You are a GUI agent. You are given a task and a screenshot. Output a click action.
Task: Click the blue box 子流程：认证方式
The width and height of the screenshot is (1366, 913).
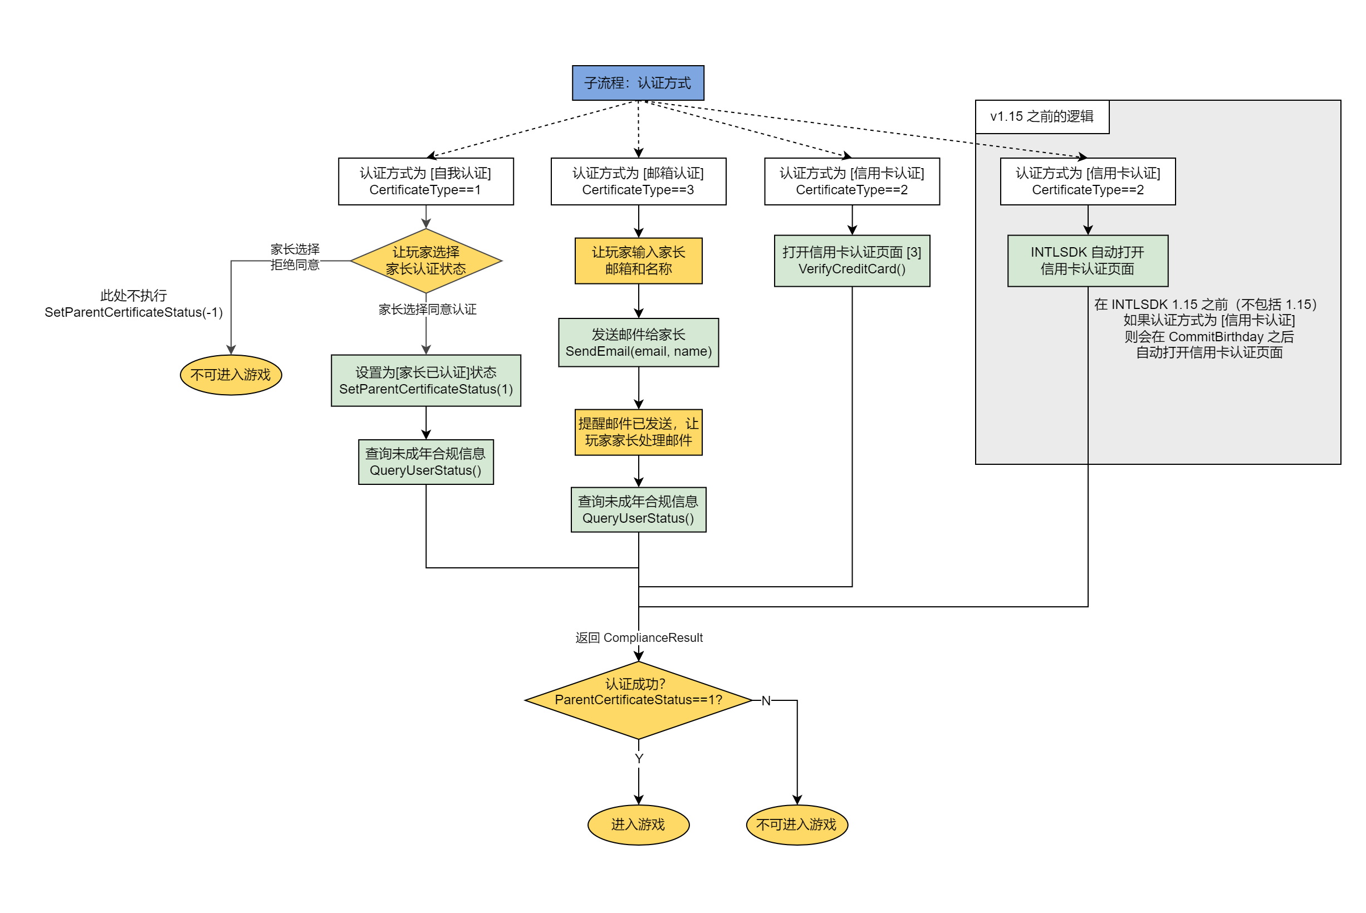(x=638, y=83)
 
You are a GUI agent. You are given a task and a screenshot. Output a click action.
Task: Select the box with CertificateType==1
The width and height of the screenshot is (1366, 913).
(x=425, y=181)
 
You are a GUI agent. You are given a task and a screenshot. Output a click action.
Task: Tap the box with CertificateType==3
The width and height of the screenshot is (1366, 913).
(x=638, y=181)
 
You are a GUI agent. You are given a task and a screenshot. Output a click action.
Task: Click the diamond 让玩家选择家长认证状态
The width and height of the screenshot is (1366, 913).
(x=425, y=261)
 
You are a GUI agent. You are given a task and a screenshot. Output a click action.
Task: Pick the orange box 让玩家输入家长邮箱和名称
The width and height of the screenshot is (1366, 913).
(x=638, y=261)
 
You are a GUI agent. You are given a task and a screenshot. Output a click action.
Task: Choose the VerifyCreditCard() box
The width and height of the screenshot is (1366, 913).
(x=851, y=261)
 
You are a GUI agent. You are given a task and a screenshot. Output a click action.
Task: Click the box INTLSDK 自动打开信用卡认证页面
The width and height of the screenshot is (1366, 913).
(x=1087, y=261)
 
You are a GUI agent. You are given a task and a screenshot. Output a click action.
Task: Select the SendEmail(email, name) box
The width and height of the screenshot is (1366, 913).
(x=638, y=342)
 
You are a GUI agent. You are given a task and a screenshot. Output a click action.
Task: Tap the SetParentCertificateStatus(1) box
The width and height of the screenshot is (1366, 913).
(x=425, y=380)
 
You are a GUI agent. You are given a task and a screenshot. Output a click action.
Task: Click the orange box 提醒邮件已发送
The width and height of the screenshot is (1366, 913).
(x=638, y=432)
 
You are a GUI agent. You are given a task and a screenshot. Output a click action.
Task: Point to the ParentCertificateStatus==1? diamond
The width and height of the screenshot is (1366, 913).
(x=638, y=699)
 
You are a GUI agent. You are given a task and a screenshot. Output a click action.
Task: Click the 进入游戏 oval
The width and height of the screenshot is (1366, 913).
(x=638, y=824)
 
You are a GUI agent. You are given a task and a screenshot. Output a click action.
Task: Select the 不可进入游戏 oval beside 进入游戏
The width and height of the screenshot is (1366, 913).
(x=796, y=824)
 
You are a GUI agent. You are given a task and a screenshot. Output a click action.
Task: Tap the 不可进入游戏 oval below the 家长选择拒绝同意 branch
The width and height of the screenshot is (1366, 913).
(x=231, y=375)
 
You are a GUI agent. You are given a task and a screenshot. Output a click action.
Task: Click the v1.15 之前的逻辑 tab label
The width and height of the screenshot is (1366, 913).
(x=1041, y=116)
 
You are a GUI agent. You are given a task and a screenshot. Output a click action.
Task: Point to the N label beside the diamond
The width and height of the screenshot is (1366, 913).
(x=765, y=700)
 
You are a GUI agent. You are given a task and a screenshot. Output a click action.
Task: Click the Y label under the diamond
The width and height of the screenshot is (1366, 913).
(x=638, y=758)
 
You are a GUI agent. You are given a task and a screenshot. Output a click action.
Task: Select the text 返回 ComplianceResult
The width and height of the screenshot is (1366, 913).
(x=638, y=637)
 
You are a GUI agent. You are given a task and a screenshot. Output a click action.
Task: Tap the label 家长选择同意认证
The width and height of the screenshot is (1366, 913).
(x=427, y=309)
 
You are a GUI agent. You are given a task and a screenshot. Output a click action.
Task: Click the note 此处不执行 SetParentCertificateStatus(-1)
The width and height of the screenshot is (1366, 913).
(x=133, y=303)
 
